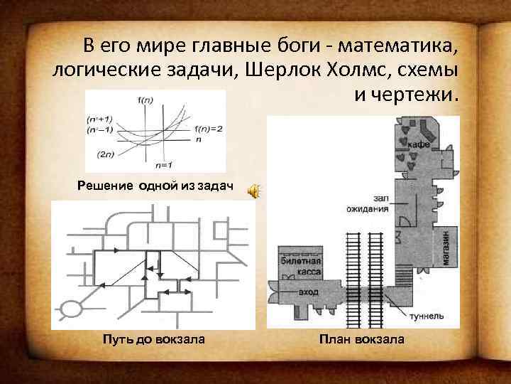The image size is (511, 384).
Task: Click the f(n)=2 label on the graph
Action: pyautogui.click(x=208, y=128)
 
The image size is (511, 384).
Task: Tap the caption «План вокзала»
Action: pyautogui.click(x=362, y=339)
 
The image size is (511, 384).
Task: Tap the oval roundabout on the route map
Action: pyautogui.click(x=71, y=309)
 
